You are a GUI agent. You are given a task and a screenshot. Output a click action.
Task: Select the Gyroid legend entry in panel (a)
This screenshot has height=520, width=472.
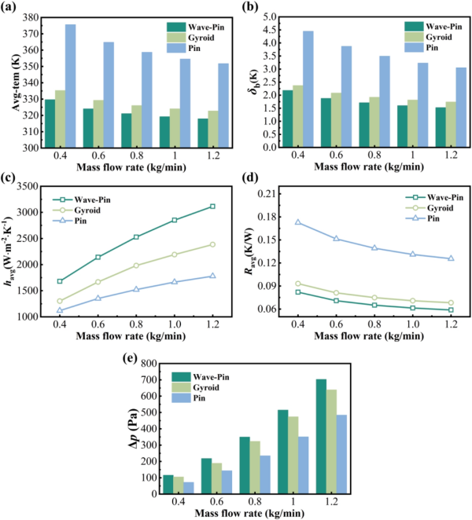click(197, 37)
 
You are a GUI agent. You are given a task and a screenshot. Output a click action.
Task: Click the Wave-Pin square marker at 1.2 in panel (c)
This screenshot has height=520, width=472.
click(212, 207)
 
